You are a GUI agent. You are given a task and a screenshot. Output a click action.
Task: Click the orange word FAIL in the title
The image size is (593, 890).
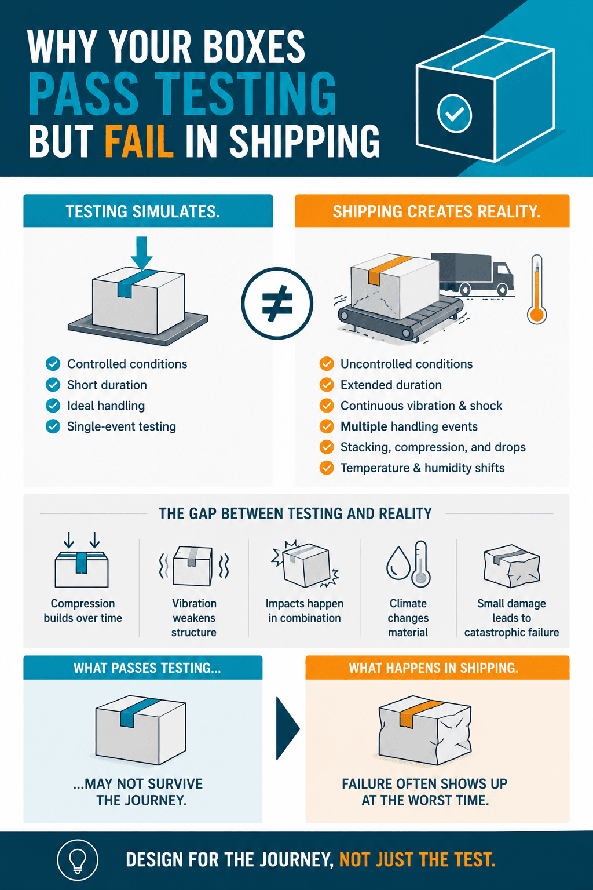(x=140, y=140)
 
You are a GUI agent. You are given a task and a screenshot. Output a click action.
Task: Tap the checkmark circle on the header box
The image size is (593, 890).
(x=455, y=114)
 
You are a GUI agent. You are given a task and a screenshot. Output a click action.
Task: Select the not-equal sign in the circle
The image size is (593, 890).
(x=277, y=303)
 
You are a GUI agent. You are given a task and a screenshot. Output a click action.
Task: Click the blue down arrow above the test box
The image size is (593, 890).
(x=141, y=253)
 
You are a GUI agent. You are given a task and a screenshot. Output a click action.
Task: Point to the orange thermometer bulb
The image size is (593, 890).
(x=537, y=314)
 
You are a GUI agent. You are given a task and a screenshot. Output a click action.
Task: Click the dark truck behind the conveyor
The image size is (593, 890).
(x=473, y=274)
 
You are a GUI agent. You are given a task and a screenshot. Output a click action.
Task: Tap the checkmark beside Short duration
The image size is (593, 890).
(x=53, y=385)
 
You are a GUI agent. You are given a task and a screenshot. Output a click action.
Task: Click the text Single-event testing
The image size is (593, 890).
(x=122, y=426)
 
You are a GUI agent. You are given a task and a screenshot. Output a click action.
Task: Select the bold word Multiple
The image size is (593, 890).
(x=364, y=426)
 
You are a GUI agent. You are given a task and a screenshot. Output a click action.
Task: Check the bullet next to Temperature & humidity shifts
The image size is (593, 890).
(x=327, y=468)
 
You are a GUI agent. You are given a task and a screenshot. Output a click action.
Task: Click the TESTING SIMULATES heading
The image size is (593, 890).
(x=143, y=211)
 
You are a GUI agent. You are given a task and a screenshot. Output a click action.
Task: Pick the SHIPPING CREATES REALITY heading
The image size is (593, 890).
(x=437, y=211)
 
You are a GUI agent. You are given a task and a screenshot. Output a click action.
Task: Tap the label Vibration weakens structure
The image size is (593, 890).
(x=194, y=618)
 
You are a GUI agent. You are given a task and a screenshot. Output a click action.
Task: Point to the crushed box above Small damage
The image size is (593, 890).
(x=512, y=566)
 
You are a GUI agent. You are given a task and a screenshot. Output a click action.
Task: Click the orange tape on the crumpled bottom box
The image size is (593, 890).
(x=419, y=713)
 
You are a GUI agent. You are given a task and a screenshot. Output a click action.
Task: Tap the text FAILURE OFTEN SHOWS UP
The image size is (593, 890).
(x=424, y=783)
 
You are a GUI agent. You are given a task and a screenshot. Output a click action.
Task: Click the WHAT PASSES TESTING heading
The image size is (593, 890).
(x=147, y=668)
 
